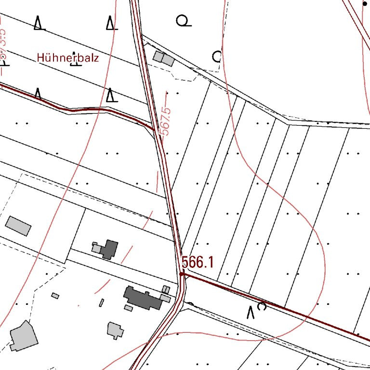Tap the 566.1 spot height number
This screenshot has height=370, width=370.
[198, 263]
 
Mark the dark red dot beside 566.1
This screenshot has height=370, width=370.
[182, 274]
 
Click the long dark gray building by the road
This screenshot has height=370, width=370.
[143, 298]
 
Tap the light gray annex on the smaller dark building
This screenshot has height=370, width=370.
[97, 248]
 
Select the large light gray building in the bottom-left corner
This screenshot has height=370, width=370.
[23, 336]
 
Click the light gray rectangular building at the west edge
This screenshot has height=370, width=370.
[18, 225]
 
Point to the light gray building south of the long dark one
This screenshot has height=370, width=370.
[115, 330]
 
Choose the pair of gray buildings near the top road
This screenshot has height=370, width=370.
[163, 58]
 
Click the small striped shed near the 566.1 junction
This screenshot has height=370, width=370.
[166, 290]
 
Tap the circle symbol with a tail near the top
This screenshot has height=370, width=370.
[183, 21]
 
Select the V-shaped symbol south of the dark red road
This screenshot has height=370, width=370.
[251, 312]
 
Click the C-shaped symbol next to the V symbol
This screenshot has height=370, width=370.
[263, 306]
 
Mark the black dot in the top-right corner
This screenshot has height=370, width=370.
[365, 3]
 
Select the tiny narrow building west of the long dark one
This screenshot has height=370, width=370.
[102, 303]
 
